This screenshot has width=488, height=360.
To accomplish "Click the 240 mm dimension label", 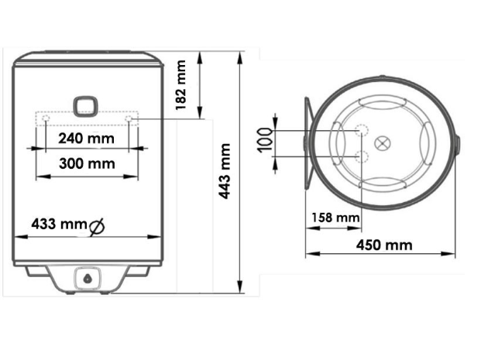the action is (86, 138).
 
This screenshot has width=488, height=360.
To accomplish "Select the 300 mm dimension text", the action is (87, 163).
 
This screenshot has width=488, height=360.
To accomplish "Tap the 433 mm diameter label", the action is (59, 224).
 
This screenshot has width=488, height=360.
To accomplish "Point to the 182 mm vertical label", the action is (180, 85).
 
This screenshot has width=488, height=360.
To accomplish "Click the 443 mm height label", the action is (224, 171).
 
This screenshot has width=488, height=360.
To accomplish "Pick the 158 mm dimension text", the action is (335, 218).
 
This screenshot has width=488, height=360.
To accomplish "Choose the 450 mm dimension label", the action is (384, 245).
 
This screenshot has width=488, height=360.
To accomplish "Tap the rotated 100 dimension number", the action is (265, 140).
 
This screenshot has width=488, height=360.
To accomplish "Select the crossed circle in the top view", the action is (382, 143).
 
